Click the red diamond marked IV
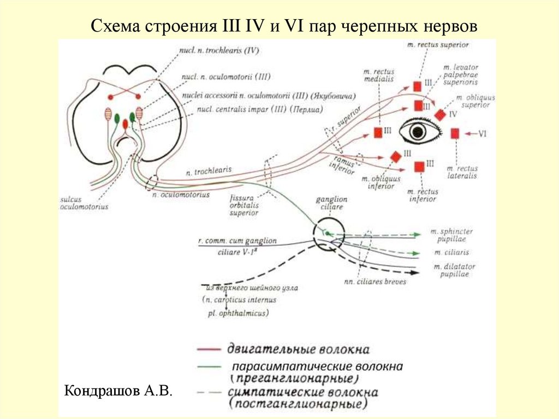[x=439, y=114]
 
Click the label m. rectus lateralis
[x=461, y=172]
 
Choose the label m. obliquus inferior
[x=377, y=182]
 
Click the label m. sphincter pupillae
[x=451, y=235]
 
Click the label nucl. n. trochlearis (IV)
[x=218, y=50]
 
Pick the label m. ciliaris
[x=451, y=252]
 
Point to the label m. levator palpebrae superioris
[x=461, y=74]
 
